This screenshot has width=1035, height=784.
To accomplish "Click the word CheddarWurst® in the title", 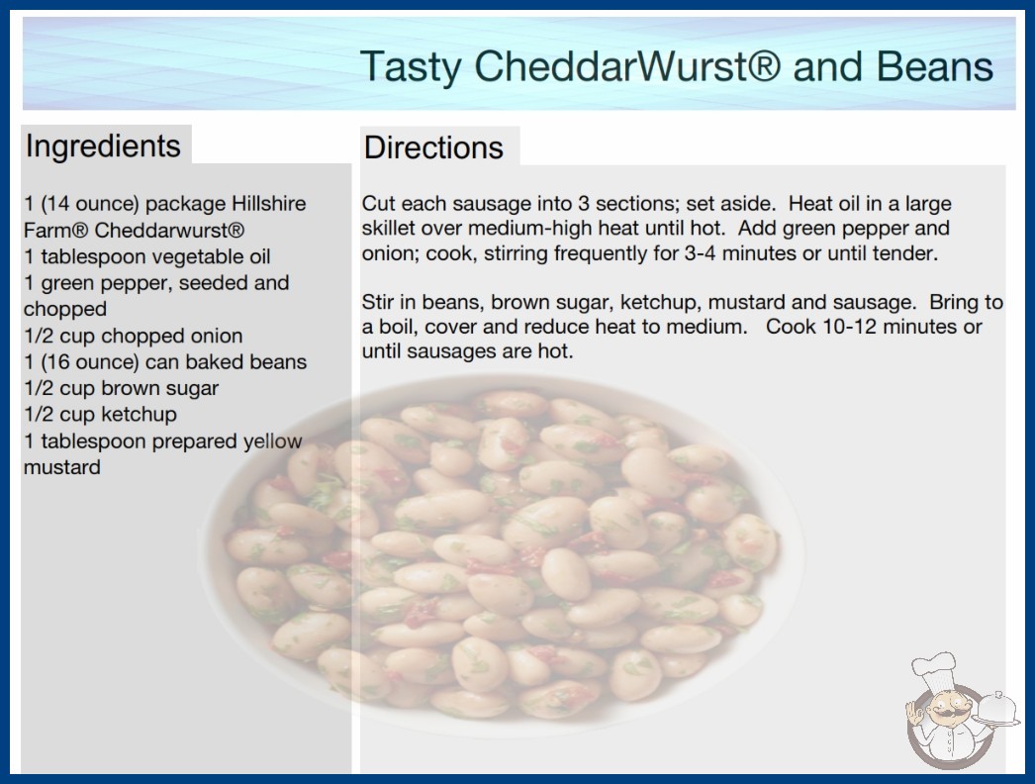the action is (627, 66).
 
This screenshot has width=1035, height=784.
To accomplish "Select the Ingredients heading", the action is (103, 147).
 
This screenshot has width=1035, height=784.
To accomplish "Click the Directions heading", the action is (433, 147).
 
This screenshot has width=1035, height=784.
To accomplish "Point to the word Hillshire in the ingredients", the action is (268, 204).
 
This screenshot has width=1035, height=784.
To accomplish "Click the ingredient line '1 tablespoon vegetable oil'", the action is (147, 256).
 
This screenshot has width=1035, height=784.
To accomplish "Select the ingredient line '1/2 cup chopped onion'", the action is (134, 336).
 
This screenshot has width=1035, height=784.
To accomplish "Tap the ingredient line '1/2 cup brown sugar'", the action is (122, 388).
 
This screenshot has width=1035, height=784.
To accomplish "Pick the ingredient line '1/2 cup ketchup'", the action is (100, 414).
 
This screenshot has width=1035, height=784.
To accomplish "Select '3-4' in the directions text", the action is (700, 253).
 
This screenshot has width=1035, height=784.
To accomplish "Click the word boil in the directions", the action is (396, 327).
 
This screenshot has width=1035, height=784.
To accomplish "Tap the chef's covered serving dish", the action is (996, 709).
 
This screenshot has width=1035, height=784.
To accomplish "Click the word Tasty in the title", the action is (411, 67).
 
